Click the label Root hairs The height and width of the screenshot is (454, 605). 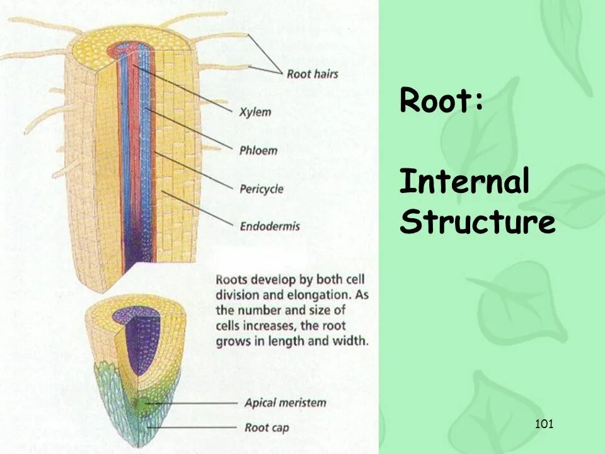click(312, 74)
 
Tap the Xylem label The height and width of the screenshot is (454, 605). click(255, 112)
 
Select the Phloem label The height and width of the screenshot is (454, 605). click(258, 151)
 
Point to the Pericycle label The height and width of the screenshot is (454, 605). click(261, 189)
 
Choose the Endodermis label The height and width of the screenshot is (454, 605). click(269, 226)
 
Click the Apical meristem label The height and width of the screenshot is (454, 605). click(285, 402)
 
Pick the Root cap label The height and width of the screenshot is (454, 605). click(267, 428)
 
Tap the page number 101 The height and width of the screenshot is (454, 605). click(543, 424)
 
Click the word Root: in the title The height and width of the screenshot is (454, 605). click(442, 101)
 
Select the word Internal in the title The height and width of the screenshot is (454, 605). click(464, 183)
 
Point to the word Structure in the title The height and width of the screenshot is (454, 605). click(477, 223)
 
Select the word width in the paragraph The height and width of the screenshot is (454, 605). click(352, 341)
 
